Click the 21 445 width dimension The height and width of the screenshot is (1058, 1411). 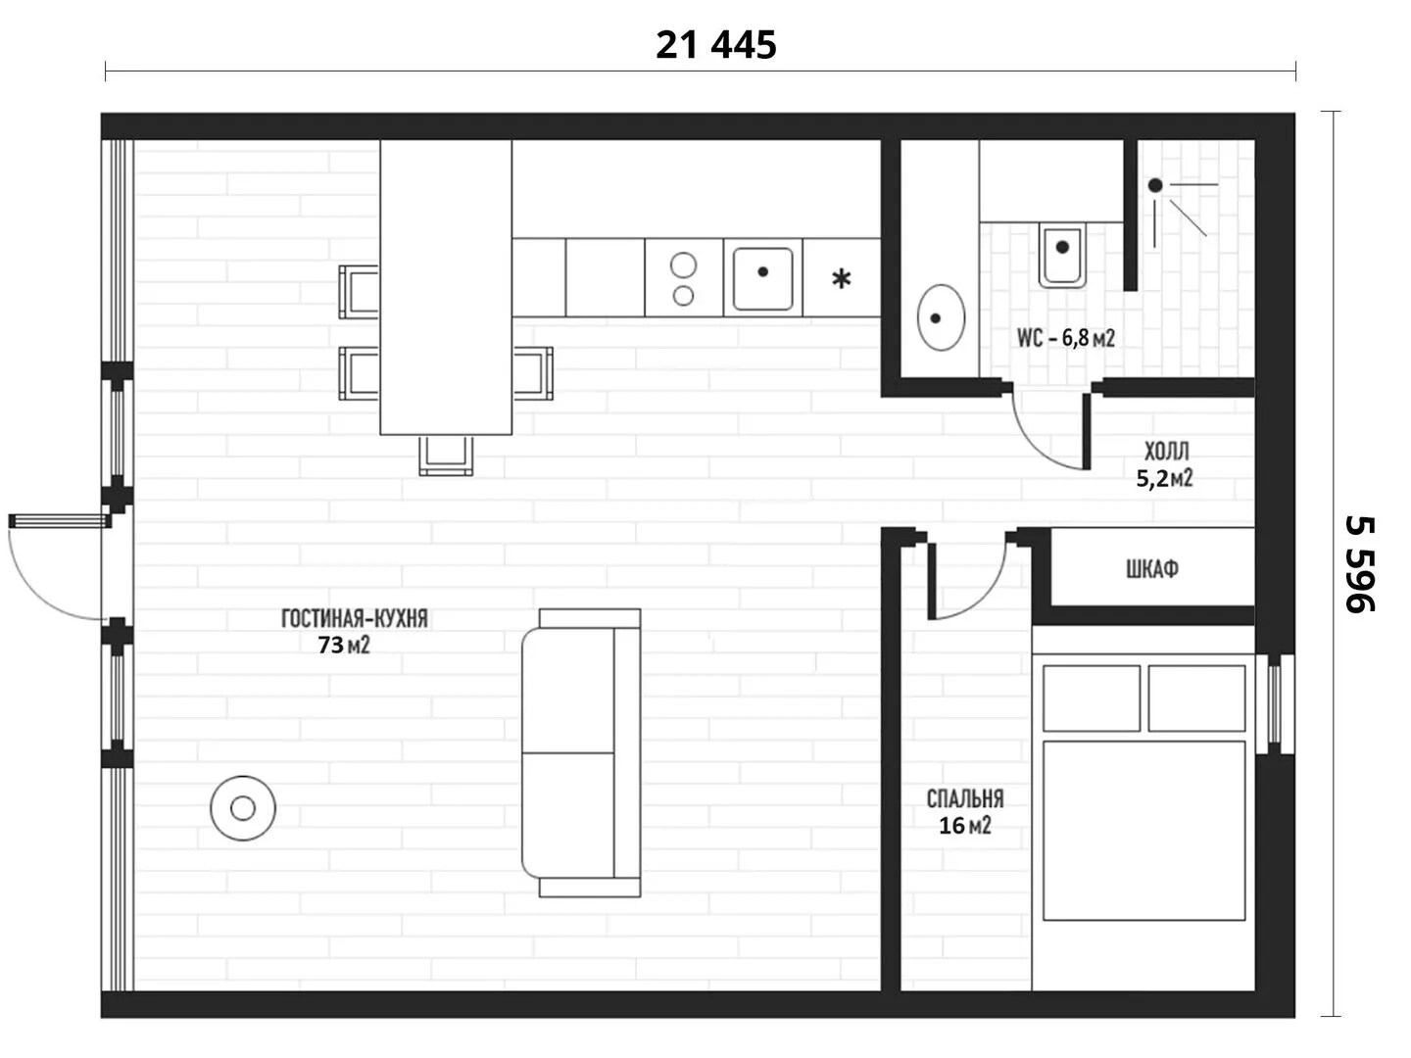(x=715, y=45)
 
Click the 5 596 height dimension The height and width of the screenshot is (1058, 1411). (x=1360, y=564)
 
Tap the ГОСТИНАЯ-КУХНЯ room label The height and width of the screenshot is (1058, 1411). (x=354, y=618)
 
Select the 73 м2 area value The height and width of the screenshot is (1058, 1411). (x=344, y=645)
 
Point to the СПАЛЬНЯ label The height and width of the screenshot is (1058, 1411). (x=965, y=798)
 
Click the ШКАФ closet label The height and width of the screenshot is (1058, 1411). (x=1152, y=568)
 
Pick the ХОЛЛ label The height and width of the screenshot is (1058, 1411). (x=1166, y=451)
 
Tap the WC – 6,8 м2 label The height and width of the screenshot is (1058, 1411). (x=1065, y=337)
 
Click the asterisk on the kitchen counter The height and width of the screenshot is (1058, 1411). (x=842, y=279)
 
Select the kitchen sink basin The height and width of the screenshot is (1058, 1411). (x=763, y=279)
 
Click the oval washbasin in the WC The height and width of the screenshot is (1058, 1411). (x=941, y=317)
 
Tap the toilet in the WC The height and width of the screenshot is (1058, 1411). (x=1062, y=255)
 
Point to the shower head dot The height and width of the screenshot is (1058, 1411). (x=1155, y=186)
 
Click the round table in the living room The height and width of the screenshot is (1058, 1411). (x=243, y=808)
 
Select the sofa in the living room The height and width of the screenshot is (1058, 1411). (x=581, y=753)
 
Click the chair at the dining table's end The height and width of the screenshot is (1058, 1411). (x=446, y=456)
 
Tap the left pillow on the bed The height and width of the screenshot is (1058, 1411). (x=1091, y=698)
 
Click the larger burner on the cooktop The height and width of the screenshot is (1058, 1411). (x=683, y=264)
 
